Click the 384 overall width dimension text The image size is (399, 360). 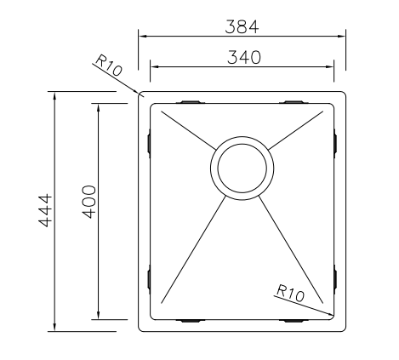[x=242, y=26]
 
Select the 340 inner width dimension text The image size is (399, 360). [x=242, y=57]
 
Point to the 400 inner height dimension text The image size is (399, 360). [x=89, y=200]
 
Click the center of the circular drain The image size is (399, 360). [x=242, y=167]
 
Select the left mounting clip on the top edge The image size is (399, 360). [x=191, y=101]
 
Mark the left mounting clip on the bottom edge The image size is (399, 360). [x=191, y=320]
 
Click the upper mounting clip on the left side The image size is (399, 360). [x=149, y=141]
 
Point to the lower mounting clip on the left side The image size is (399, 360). [x=149, y=279]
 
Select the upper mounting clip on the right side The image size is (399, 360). [x=336, y=141]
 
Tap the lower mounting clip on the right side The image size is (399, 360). [x=336, y=279]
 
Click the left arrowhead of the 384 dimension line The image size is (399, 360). [x=143, y=37]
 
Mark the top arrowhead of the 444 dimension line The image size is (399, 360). [x=55, y=94]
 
